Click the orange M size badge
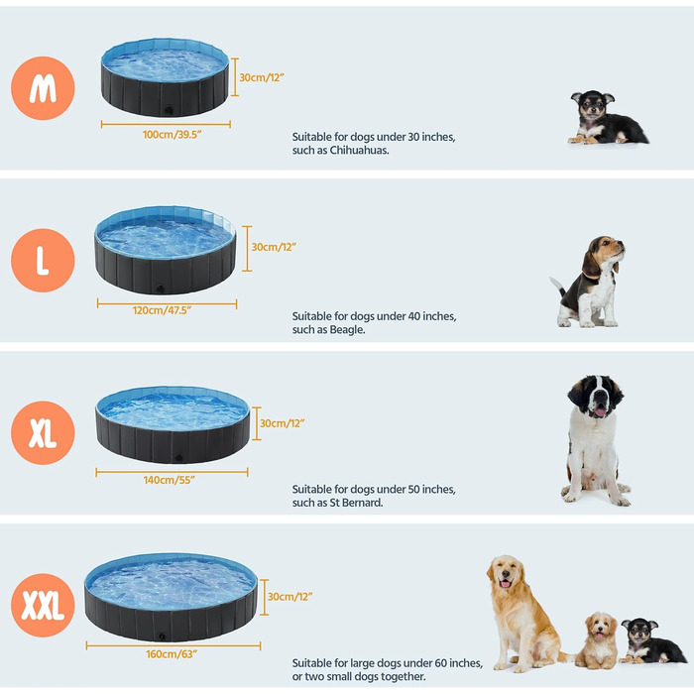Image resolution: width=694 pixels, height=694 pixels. pos(43,88)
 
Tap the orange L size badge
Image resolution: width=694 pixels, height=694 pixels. pos(43,260)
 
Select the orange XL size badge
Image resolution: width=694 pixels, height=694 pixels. pos(43,433)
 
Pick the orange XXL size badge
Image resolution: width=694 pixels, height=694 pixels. pos(43,606)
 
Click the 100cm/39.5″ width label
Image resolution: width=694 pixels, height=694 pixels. pos(173,135)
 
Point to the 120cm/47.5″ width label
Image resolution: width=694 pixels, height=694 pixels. pos(162,310)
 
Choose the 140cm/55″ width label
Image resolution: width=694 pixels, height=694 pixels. pos(170,480)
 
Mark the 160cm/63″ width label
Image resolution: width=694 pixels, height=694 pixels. pos(172,654)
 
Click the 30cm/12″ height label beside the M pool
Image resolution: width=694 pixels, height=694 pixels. pos(262,77)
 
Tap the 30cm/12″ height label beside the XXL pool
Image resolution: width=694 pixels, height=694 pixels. pos(289,597)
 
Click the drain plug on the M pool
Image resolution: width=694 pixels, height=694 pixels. pos(169,110)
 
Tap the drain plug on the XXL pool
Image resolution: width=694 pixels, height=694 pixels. pos(162,636)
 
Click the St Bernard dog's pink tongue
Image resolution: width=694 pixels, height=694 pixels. pos(600,412)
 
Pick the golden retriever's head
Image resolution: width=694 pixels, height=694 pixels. pos(506,573)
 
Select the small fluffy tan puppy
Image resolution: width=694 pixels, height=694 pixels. pos(598,640)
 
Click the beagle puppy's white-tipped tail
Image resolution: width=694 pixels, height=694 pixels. pos(554,282)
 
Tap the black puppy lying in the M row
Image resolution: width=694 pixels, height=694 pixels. pos(608,118)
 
